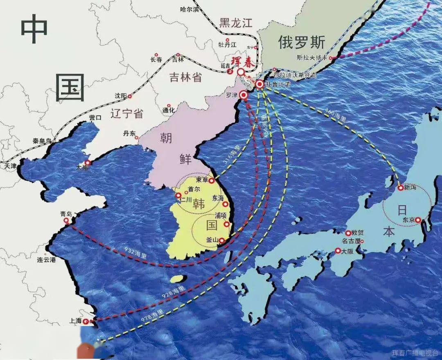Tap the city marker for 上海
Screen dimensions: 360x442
(86, 322)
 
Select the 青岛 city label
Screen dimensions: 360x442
(66, 214)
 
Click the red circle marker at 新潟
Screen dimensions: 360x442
(401, 188)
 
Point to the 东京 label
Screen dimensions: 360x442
(408, 220)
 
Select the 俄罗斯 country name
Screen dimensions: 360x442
(302, 42)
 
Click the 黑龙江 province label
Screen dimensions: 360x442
(236, 22)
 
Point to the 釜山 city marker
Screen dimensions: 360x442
(222, 241)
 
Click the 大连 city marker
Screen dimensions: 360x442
(87, 162)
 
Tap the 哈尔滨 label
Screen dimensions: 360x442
(190, 9)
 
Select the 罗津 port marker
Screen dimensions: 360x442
(244, 95)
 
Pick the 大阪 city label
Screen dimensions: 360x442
(347, 251)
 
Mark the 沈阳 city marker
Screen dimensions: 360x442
(130, 97)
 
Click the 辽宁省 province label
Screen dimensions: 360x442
(127, 113)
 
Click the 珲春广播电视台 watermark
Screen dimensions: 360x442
(415, 353)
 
